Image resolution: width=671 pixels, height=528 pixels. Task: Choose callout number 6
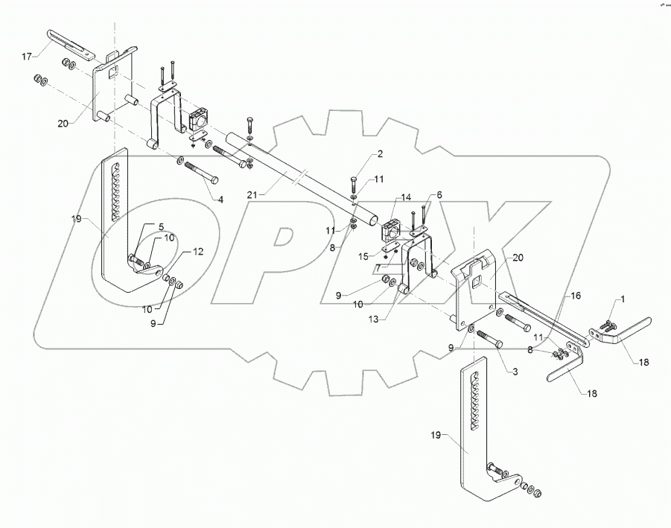click(439, 194)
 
